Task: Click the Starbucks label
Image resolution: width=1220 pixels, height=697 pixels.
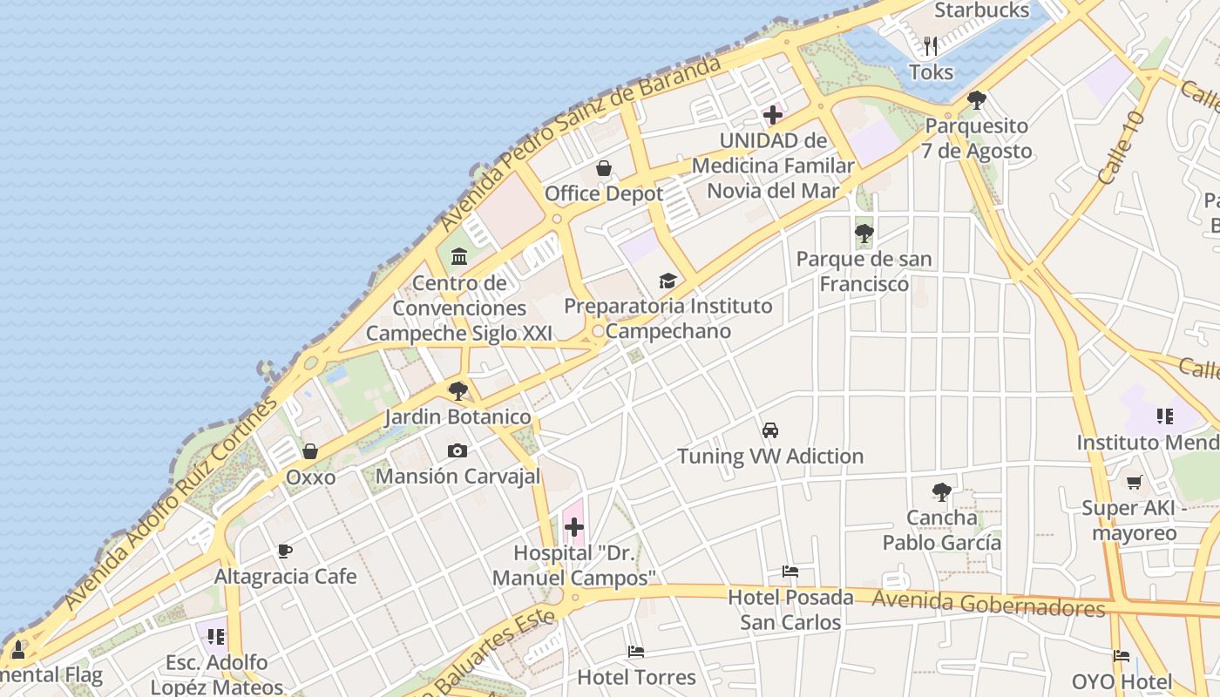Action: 981,10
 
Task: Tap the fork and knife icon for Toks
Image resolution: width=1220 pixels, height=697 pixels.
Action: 931,45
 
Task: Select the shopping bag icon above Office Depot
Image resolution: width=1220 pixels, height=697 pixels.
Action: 603,168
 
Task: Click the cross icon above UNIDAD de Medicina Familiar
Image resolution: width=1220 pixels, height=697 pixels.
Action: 772,115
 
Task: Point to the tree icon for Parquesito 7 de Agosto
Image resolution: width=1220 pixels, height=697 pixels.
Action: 976,100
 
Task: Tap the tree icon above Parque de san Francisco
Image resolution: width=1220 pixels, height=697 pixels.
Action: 864,233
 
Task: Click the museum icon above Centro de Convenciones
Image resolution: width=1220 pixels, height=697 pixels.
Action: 459,257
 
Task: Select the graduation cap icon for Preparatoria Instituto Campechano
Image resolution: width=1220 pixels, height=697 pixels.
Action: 668,281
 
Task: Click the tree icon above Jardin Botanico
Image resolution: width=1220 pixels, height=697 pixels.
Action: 457,390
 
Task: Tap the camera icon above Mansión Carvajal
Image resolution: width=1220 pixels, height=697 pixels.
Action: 457,450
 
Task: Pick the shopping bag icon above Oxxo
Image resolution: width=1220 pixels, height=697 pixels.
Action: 309,451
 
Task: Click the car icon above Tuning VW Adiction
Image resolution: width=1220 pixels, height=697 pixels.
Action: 770,430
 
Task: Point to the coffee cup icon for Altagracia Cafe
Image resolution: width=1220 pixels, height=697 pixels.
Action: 284,551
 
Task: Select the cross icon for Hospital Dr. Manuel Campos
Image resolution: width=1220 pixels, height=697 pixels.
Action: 574,526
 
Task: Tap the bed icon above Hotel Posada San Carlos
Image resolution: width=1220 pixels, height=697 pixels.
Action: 790,572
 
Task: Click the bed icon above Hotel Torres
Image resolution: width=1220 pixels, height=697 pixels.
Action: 636,652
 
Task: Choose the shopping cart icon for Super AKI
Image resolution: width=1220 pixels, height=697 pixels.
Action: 1134,482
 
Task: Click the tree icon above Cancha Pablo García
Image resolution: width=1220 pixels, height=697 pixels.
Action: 941,492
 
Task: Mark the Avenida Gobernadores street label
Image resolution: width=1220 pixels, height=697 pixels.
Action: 988,603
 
